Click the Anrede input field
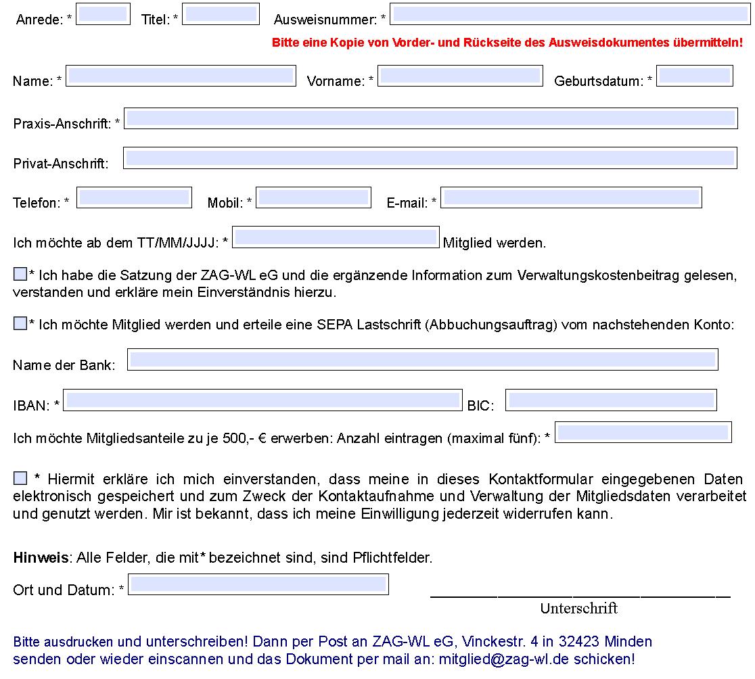tap(103, 14)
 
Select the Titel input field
tap(221, 14)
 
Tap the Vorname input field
tap(460, 76)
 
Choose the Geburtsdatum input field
tap(695, 76)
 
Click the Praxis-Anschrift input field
tap(430, 118)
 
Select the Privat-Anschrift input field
tap(430, 158)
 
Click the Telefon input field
tap(134, 197)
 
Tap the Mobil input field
tap(313, 197)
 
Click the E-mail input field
tap(571, 197)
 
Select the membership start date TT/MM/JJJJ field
tap(336, 237)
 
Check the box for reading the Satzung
tap(20, 274)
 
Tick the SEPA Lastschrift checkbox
tap(20, 323)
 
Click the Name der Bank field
tap(423, 360)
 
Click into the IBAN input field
tap(262, 400)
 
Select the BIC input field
tap(611, 400)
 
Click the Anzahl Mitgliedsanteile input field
tap(643, 433)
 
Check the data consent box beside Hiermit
tap(20, 478)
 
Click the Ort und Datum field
tap(258, 584)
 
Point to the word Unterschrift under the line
tap(578, 609)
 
